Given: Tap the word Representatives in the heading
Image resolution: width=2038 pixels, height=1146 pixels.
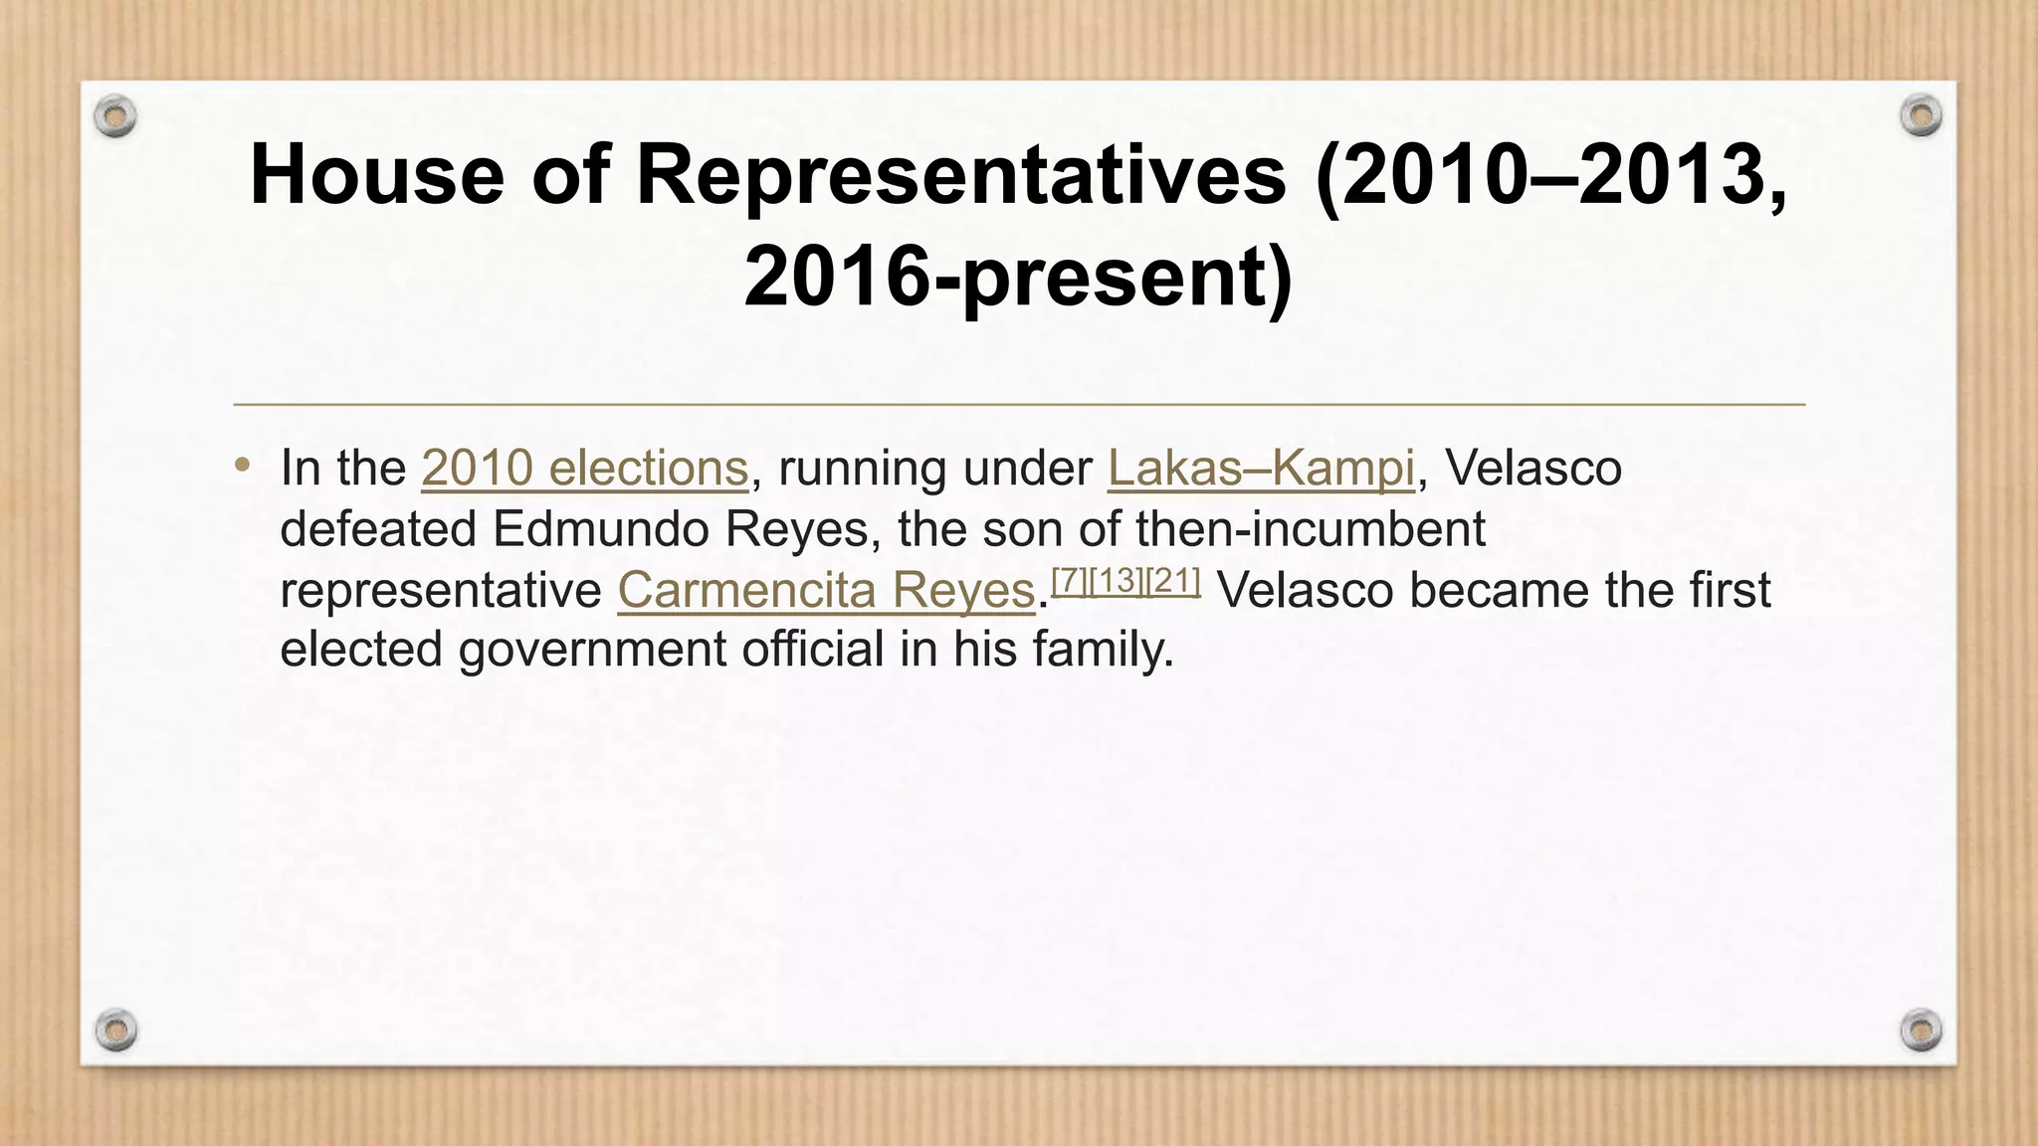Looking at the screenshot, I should tap(960, 174).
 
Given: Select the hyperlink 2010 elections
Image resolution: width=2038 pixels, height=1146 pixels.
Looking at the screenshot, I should tap(584, 468).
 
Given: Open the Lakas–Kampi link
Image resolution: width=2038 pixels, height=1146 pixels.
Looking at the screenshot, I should tap(1260, 468).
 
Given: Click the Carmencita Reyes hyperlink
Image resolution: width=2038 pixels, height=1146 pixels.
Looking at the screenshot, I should tap(826, 590).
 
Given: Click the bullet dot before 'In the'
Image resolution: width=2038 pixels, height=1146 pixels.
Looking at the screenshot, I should tap(243, 465).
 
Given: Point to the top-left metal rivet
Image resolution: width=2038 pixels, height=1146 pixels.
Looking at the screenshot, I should tap(115, 117).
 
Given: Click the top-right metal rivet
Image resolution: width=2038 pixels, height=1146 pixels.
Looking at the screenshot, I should tap(1921, 116).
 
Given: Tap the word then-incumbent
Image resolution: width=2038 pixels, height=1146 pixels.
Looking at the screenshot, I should tap(1311, 529).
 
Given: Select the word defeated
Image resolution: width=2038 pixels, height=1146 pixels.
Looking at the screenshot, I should tap(378, 529).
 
